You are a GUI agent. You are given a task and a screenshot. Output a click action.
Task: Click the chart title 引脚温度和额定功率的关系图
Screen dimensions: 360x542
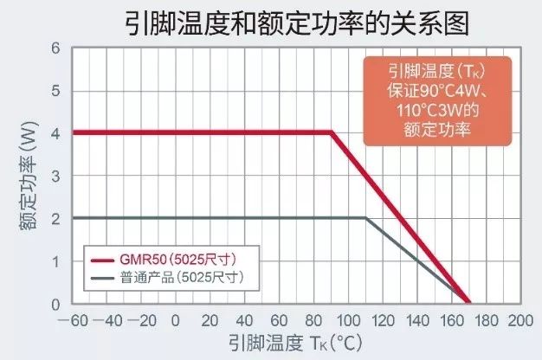pos(271,22)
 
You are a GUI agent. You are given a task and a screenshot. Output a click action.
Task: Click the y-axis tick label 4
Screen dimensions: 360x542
pos(56,133)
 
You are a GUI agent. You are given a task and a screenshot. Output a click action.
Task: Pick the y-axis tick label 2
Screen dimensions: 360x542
pos(56,218)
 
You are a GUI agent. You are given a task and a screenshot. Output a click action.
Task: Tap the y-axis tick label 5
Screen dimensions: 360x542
pos(56,91)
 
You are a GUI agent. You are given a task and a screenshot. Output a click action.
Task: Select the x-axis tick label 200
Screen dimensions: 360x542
pos(519,319)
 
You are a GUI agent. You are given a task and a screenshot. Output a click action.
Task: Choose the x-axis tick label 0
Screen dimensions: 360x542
pos(176,319)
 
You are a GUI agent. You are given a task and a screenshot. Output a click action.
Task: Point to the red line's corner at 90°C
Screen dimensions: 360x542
pos(332,132)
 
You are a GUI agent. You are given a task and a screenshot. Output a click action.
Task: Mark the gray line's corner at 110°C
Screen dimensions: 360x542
pos(365,218)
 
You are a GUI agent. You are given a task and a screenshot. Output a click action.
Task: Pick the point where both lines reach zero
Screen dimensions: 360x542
pos(468,303)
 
